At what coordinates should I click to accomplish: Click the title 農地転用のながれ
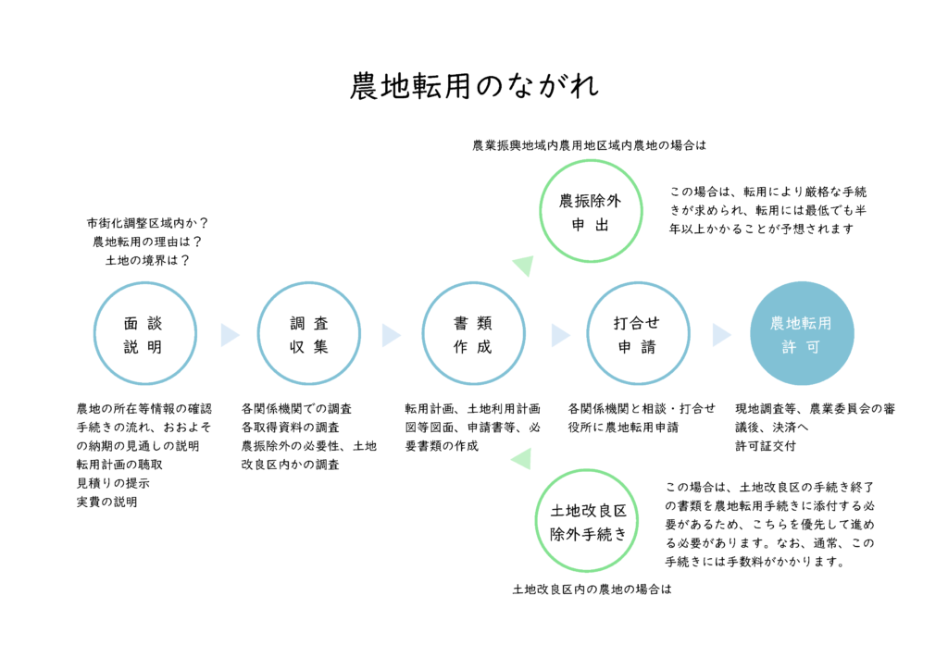pos(474,86)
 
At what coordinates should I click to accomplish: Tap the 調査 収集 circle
pos(308,334)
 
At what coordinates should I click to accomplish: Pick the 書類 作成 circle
pos(473,334)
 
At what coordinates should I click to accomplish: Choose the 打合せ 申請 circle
pos(637,334)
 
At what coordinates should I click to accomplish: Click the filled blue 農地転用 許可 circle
pos(801,334)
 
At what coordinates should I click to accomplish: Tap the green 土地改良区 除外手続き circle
pos(589,521)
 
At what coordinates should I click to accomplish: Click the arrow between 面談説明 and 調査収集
pos(229,335)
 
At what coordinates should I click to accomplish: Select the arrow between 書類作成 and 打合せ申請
pos(559,335)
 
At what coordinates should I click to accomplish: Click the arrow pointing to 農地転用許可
pos(721,335)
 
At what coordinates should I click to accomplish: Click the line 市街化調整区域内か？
pos(147,223)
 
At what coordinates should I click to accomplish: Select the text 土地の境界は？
pos(147,260)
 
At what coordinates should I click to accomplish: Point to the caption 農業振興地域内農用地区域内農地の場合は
pos(589,145)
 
